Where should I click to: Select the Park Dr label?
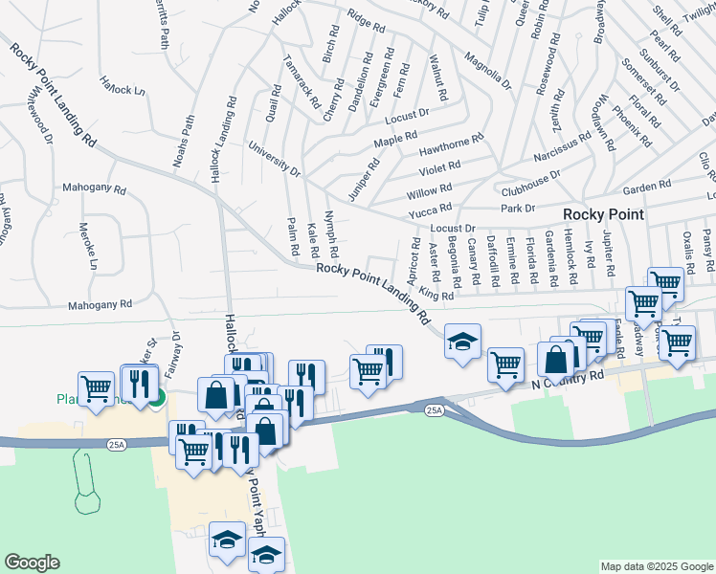[x=517, y=208]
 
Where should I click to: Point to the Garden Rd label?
[x=648, y=188]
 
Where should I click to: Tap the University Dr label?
[x=275, y=159]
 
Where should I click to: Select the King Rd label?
[x=436, y=297]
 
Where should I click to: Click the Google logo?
[x=34, y=563]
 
